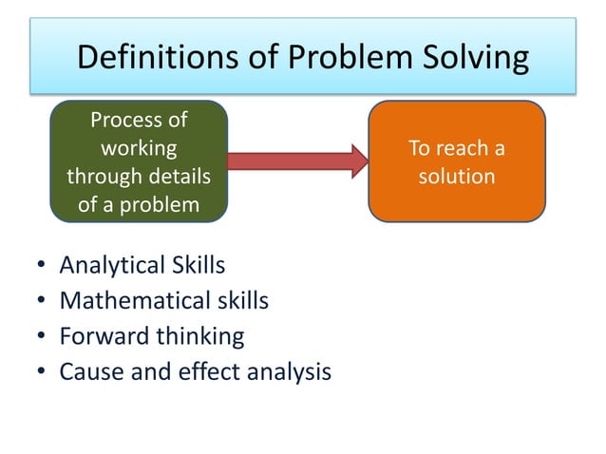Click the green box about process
click(139, 161)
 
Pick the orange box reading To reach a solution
click(456, 161)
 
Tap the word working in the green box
click(138, 148)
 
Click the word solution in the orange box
click(456, 177)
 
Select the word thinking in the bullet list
click(198, 336)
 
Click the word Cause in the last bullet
click(88, 371)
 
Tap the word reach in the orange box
click(465, 148)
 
